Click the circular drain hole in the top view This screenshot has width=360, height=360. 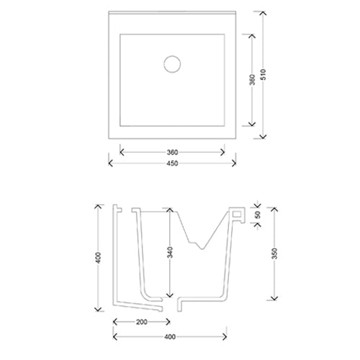[172, 64]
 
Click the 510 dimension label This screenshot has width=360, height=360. [264, 75]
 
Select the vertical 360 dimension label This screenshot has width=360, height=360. [252, 80]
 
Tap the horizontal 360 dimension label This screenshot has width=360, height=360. [172, 153]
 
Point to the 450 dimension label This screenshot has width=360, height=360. [172, 163]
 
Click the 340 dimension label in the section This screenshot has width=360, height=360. [170, 252]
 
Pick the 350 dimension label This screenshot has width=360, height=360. [274, 253]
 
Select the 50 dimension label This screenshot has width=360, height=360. [258, 215]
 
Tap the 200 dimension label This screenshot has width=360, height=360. [142, 322]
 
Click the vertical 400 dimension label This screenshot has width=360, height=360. [98, 258]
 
